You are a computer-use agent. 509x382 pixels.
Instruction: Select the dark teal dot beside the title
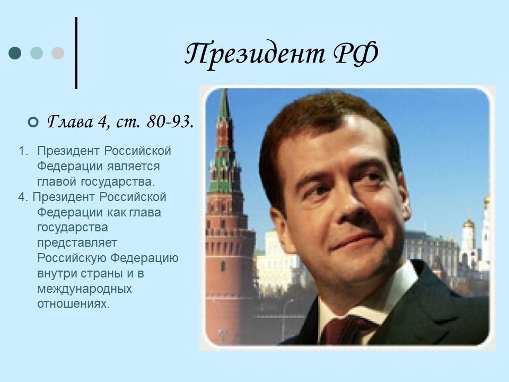[x=15, y=53]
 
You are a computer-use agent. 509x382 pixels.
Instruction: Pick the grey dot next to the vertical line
[x=58, y=53]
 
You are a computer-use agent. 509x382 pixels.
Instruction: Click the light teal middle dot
[x=37, y=53]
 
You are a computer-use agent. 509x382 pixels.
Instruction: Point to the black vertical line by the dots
[x=76, y=53]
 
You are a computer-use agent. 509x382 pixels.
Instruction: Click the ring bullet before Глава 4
[x=33, y=123]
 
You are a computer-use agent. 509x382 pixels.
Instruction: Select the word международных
[x=84, y=289]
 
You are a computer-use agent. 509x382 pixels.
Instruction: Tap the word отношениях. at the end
[x=74, y=305]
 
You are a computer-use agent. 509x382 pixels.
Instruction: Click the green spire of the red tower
[x=224, y=106]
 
